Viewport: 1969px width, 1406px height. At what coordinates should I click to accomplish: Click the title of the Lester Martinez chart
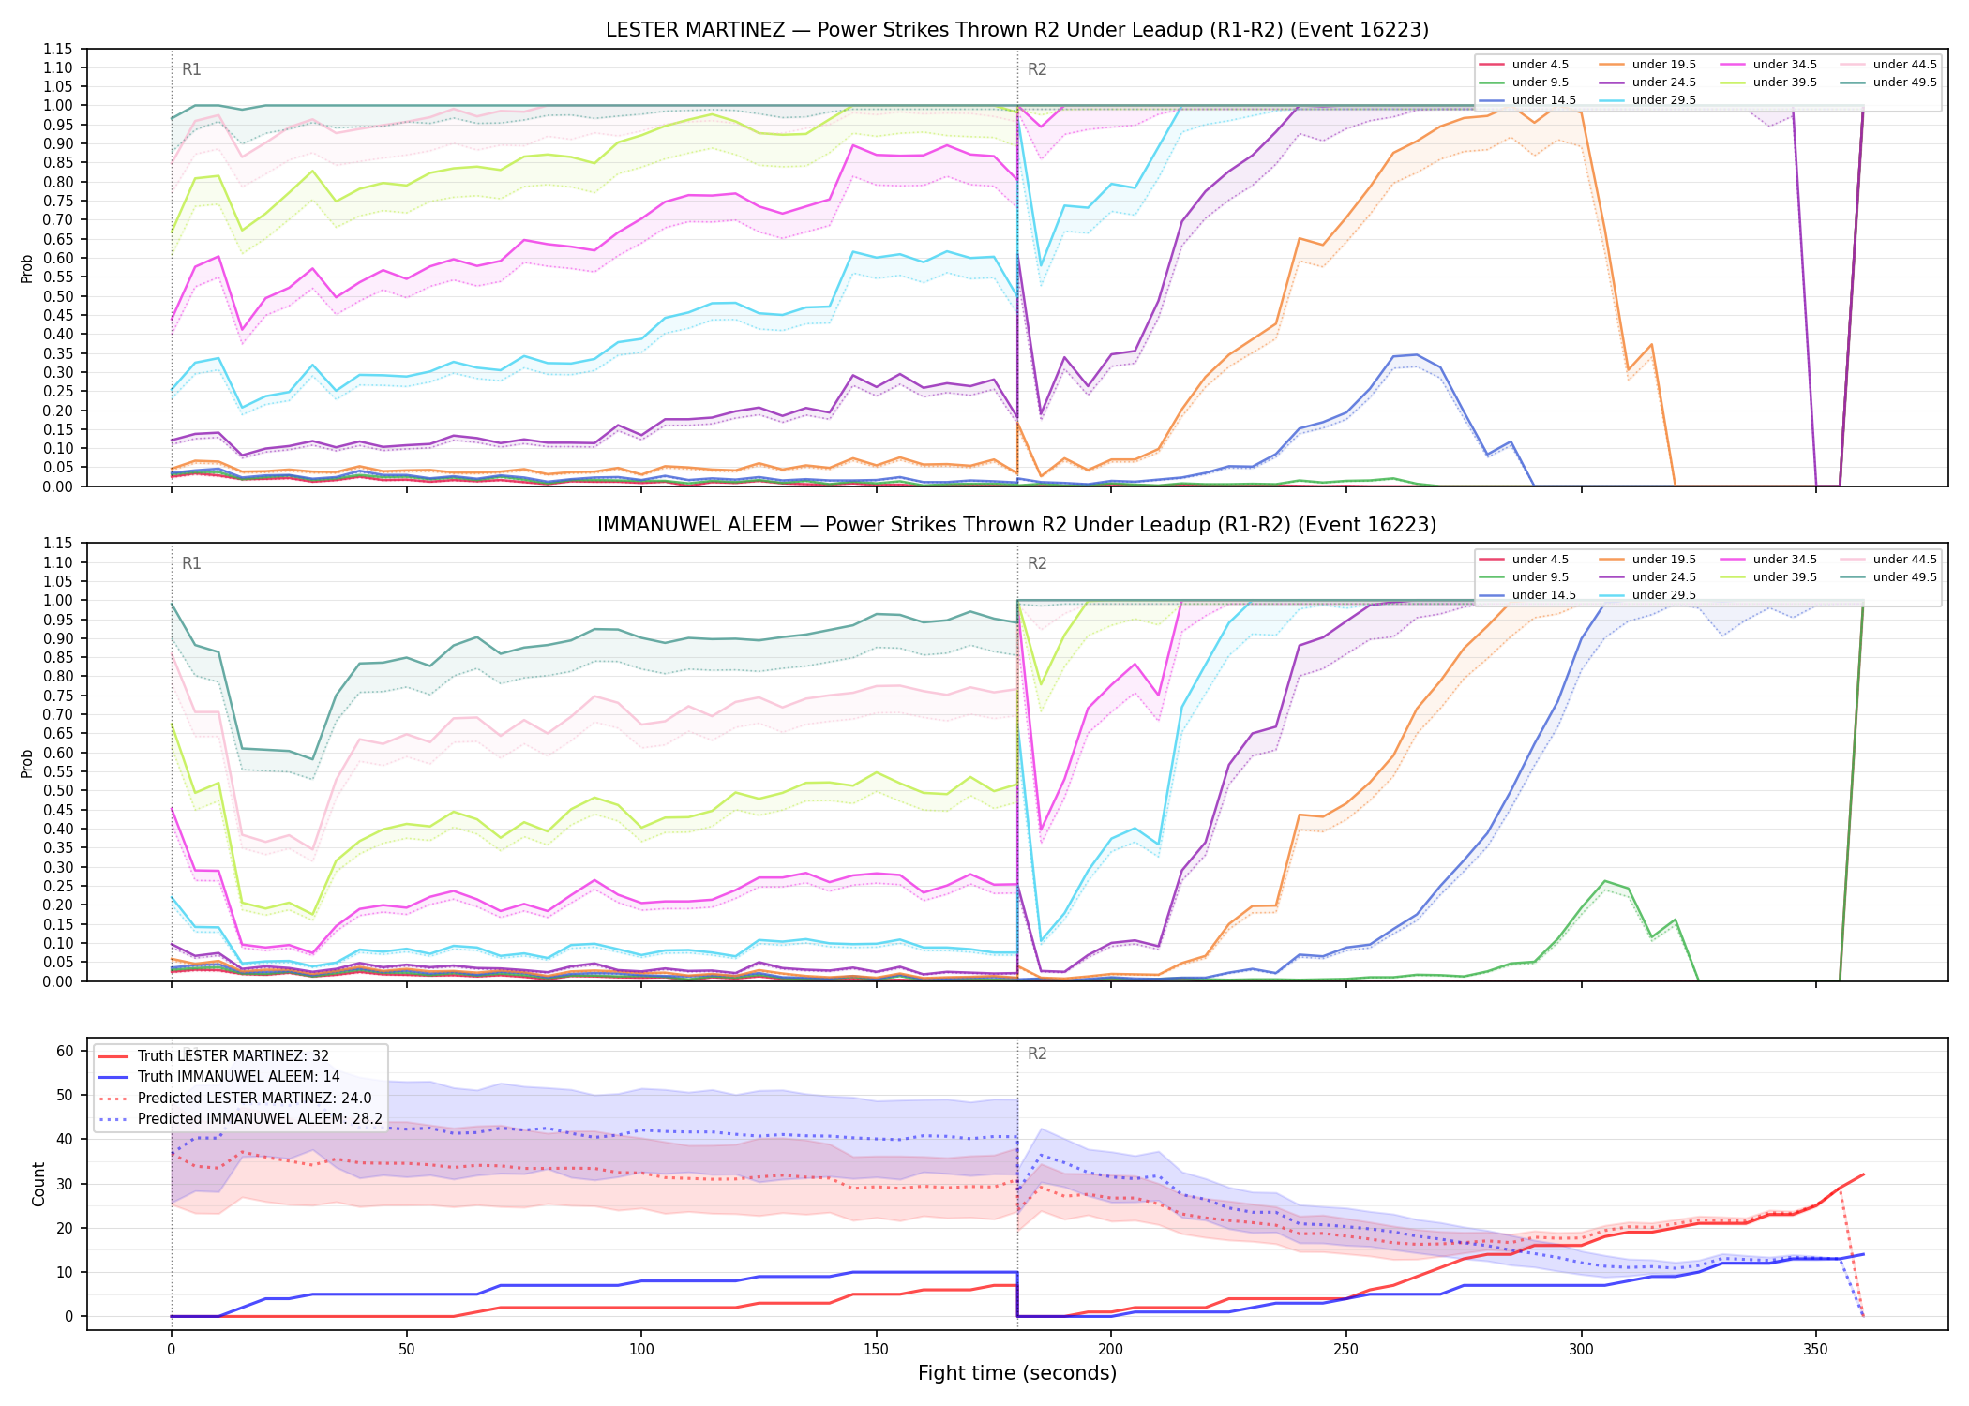click(1017, 30)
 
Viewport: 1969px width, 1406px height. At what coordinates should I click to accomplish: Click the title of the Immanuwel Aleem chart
click(1017, 525)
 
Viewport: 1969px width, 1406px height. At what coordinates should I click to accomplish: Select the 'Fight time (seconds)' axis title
click(1017, 1373)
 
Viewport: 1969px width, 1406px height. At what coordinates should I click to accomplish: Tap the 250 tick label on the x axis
click(1345, 1350)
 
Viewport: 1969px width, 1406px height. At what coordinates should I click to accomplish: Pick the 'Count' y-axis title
click(38, 1184)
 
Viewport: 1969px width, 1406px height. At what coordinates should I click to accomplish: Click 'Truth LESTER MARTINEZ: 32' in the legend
click(233, 1056)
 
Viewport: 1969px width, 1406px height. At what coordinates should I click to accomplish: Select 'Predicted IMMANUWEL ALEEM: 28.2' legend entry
click(260, 1119)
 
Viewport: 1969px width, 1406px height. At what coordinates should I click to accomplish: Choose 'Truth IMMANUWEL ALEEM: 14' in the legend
click(239, 1077)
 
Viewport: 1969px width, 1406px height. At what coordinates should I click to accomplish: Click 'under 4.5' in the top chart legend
click(1540, 65)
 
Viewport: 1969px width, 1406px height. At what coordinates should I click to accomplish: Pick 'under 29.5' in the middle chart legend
click(1663, 595)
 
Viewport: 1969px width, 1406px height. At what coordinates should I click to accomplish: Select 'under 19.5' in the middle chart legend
click(1663, 560)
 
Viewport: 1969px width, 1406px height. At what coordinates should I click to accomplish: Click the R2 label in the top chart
click(1037, 69)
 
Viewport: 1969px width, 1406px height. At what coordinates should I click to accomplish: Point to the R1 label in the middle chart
click(191, 563)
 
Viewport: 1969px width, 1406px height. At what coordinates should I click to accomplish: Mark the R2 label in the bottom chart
click(1037, 1054)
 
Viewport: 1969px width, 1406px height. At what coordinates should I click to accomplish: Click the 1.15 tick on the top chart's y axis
click(59, 49)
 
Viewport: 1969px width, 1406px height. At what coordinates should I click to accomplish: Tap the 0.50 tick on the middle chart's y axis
click(59, 790)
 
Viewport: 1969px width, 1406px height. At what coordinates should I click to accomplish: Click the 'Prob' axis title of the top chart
click(27, 269)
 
